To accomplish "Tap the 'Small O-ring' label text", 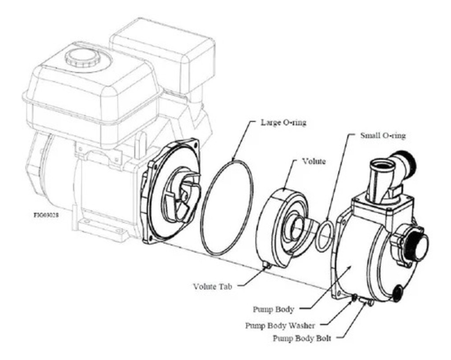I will point(383,135).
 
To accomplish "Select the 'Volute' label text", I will point(314,161).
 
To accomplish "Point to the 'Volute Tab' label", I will point(212,286).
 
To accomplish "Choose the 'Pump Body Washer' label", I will point(280,326).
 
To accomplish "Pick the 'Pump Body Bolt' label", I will point(302,338).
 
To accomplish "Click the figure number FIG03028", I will point(46,216).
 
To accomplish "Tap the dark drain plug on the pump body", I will point(397,292).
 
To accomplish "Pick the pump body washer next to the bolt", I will point(354,299).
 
